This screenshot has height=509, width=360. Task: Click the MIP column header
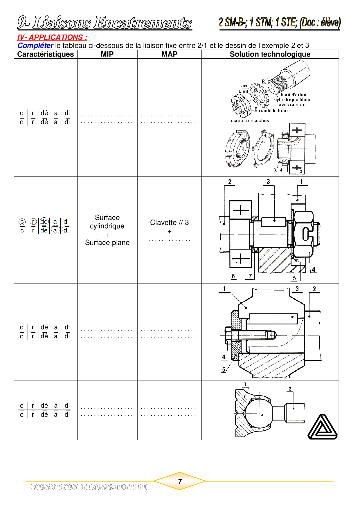[x=107, y=54]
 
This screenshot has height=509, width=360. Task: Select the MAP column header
[x=170, y=54]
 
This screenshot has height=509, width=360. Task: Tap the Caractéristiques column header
[x=46, y=54]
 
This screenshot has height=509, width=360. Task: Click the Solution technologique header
[x=270, y=54]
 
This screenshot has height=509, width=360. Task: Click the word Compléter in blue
[x=35, y=46]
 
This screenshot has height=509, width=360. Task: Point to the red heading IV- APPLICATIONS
[x=52, y=37]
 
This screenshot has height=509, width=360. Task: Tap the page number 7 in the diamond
[x=180, y=481]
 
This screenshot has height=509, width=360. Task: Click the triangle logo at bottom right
[x=322, y=427]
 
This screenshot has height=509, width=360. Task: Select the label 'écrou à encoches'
[x=250, y=120]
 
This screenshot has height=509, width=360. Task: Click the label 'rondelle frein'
[x=273, y=111]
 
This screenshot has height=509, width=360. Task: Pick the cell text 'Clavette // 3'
[x=170, y=223]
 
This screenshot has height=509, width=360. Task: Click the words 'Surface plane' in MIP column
[x=107, y=243]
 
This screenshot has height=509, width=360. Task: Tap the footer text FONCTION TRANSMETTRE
[x=89, y=487]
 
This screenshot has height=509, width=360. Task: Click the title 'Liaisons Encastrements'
[x=112, y=23]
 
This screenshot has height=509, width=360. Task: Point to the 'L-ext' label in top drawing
[x=243, y=86]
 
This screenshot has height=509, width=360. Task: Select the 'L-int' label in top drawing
[x=243, y=91]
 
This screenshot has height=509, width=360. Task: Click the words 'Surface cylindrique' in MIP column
[x=107, y=222]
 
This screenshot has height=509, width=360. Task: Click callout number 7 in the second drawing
[x=250, y=276]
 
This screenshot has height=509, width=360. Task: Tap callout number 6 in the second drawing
[x=233, y=276]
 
